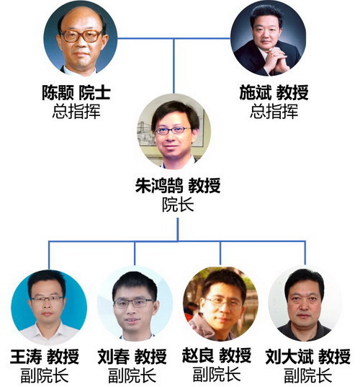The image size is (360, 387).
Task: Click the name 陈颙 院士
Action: (x=76, y=92)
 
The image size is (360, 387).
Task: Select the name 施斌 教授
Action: (x=274, y=92)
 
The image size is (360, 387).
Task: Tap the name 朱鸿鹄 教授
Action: (x=178, y=185)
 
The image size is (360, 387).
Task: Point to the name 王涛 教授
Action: (x=45, y=357)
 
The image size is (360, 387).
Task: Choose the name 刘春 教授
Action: (x=132, y=357)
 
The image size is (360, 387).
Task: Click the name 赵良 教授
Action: (x=217, y=355)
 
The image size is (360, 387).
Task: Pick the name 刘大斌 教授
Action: (x=308, y=357)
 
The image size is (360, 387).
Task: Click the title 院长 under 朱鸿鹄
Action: (x=178, y=205)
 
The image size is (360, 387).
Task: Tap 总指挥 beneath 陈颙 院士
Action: (x=76, y=111)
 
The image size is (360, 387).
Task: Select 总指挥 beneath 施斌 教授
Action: (x=274, y=111)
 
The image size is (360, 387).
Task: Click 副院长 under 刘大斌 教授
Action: (x=308, y=375)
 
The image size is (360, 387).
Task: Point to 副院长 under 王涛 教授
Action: (x=45, y=375)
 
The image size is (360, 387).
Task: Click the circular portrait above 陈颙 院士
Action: (x=81, y=38)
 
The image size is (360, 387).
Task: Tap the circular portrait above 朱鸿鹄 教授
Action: (x=174, y=131)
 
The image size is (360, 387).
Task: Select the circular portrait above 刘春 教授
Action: (x=135, y=303)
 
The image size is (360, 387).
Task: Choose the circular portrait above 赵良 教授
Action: (x=220, y=304)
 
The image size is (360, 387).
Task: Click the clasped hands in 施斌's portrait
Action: (x=276, y=60)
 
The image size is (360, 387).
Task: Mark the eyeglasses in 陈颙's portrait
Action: (x=81, y=36)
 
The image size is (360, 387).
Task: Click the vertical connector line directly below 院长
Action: (x=178, y=229)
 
